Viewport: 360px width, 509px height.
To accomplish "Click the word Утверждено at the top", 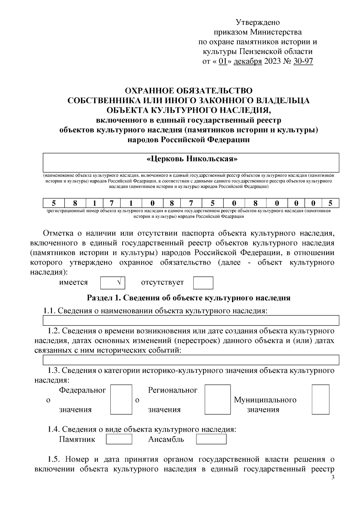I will (258, 22).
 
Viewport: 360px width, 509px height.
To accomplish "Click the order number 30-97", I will (303, 61).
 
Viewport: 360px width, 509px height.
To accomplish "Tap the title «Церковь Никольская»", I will (192, 159).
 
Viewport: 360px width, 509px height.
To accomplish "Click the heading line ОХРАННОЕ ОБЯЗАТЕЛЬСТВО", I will (189, 91).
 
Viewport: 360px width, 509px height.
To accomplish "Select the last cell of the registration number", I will (330, 203).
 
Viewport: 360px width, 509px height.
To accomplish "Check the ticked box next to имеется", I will (112, 283).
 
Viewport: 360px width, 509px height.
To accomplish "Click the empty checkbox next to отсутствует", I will (203, 283).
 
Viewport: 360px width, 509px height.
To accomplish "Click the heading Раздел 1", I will (188, 298).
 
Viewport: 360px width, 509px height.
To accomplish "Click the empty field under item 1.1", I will (191, 320).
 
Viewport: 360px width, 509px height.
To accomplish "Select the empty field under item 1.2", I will (191, 360).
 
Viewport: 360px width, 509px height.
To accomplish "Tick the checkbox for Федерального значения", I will (121, 400).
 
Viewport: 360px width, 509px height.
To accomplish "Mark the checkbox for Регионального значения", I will (215, 400).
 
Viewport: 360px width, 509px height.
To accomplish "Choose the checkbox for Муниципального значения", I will (320, 400).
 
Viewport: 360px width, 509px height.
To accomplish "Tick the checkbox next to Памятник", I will (119, 439).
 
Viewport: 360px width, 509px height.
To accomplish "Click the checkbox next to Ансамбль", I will (211, 439).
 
